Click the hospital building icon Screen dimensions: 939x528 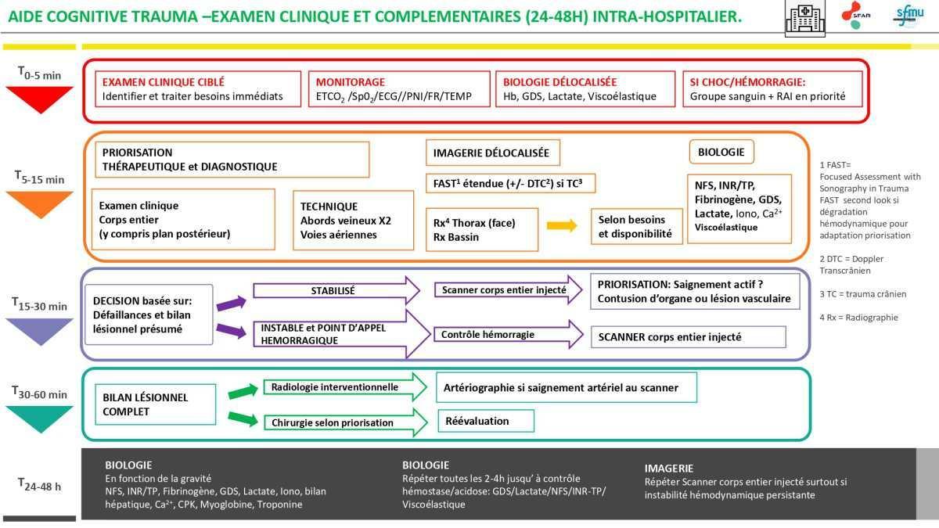(805, 18)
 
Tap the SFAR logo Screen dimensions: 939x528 (855, 15)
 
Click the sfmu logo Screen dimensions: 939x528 (908, 16)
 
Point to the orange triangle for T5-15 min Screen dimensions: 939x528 (40, 204)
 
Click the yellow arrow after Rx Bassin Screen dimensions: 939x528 (562, 225)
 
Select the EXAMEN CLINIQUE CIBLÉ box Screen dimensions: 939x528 (198, 89)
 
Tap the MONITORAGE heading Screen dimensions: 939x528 (350, 81)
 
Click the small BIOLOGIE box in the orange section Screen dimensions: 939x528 (721, 152)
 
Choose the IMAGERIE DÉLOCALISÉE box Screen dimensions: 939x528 (493, 153)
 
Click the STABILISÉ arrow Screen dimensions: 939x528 (336, 290)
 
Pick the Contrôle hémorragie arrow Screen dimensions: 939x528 (509, 335)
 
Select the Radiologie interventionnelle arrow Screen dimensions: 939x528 (345, 386)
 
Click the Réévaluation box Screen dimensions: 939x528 (486, 421)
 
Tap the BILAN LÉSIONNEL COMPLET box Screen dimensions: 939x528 (156, 404)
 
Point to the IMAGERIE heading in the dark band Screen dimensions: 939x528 (668, 468)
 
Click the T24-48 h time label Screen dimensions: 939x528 (39, 485)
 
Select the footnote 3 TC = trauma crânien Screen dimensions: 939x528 (862, 294)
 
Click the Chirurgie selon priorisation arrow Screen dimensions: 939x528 (346, 422)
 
